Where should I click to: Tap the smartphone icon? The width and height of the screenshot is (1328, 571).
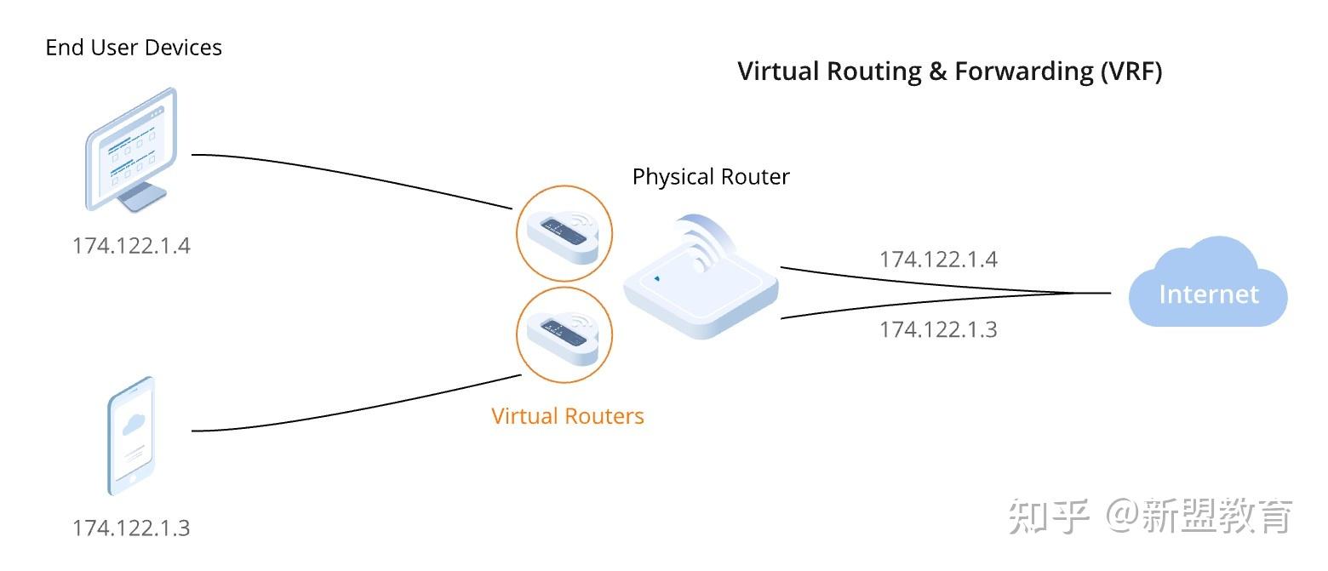coord(132,435)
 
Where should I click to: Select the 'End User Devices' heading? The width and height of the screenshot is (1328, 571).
coord(134,48)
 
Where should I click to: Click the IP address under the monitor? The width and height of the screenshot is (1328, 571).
coord(131,246)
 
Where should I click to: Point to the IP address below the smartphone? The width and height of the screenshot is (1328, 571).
coord(131,528)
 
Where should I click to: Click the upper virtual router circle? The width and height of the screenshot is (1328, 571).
coord(564,232)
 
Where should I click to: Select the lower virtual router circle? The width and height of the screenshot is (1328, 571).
coord(564,333)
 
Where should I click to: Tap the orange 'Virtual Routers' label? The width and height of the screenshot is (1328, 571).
coord(568,416)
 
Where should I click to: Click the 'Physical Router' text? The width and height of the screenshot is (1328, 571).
coord(711,177)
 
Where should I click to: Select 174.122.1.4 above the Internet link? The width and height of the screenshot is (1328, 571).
coord(938,259)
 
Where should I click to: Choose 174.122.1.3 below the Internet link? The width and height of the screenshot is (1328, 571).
coord(938,328)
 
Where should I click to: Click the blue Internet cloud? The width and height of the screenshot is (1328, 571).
coord(1208,288)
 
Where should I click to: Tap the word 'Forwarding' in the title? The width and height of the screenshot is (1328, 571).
coord(1022,71)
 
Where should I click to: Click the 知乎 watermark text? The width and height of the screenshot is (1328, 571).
coord(1049,517)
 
